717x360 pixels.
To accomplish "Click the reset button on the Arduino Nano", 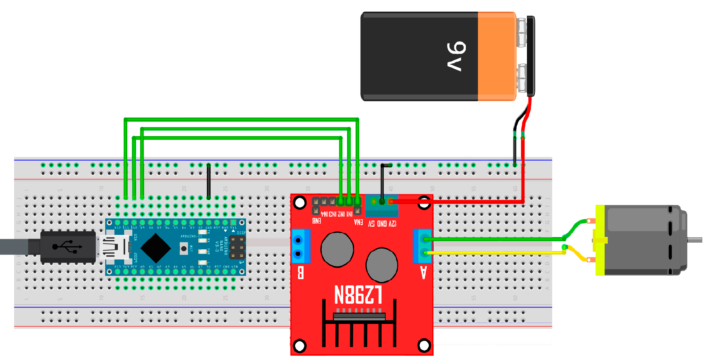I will pos(184,249).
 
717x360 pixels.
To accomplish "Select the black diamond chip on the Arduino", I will pos(156,248).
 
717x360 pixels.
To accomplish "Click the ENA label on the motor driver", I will pos(358,222).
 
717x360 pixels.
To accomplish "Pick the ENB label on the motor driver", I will pos(316,221).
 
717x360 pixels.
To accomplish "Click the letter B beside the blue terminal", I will pos(301,273).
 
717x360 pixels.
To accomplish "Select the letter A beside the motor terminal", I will pos(424,273).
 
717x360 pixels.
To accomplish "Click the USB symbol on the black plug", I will pos(67,247).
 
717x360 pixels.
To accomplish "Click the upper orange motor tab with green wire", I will pos(591,221).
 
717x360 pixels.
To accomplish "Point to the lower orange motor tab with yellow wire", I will pos(591,260).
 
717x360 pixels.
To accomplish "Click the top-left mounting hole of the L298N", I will pos(300,202).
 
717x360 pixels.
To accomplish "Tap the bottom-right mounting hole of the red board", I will pos(424,345).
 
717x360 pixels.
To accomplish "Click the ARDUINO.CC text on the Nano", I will pos(191,236).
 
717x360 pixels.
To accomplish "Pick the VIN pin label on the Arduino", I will pos(234,267).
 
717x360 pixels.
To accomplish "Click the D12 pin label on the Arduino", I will pos(118,228).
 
